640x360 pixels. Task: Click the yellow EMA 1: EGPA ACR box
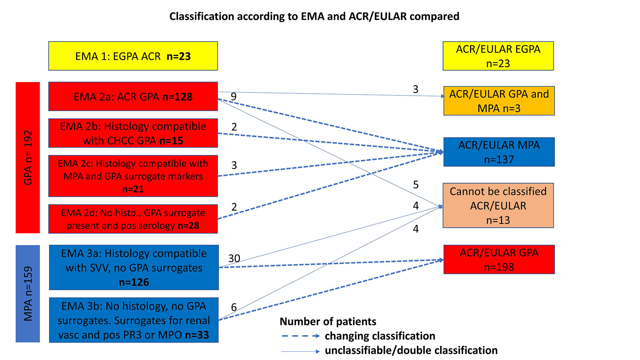133,56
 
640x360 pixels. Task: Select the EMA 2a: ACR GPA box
133,96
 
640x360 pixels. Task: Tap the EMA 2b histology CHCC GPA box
133,133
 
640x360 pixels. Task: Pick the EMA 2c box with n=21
133,176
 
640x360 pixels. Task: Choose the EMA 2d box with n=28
133,219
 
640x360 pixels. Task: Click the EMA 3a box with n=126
134,268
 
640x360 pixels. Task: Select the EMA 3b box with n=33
134,320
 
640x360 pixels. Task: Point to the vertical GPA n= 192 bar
28,157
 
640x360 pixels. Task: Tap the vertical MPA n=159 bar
28,293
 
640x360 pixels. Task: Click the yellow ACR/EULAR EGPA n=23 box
498,56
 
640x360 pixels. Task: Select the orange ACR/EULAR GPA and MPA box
499,101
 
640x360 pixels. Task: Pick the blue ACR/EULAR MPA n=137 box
499,152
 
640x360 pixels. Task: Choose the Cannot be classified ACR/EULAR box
498,205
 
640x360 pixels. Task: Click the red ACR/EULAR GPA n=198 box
499,260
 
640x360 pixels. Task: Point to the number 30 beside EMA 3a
234,258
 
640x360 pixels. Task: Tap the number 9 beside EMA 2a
234,96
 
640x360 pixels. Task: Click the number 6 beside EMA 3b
234,307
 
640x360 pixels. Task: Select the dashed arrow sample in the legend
300,336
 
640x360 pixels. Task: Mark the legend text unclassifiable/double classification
411,350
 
